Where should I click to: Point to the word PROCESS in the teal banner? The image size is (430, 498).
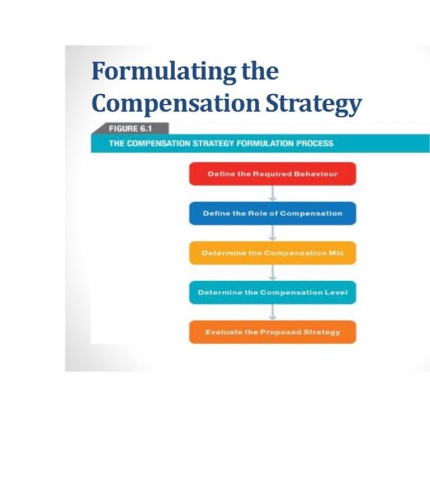coord(314,143)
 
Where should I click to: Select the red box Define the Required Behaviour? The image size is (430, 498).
coord(272,174)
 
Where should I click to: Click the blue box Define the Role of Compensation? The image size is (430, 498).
coord(272,213)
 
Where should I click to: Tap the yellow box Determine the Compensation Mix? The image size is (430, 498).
coord(272,253)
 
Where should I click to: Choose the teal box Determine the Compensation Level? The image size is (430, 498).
coord(272,292)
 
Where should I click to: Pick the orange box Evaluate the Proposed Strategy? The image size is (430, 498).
coord(272,332)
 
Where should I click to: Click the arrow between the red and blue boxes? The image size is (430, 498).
coord(272,194)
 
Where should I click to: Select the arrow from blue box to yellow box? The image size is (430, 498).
coord(272,233)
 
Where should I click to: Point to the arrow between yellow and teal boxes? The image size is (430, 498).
coord(272,273)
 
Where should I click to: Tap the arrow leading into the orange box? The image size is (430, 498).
coord(272,312)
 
